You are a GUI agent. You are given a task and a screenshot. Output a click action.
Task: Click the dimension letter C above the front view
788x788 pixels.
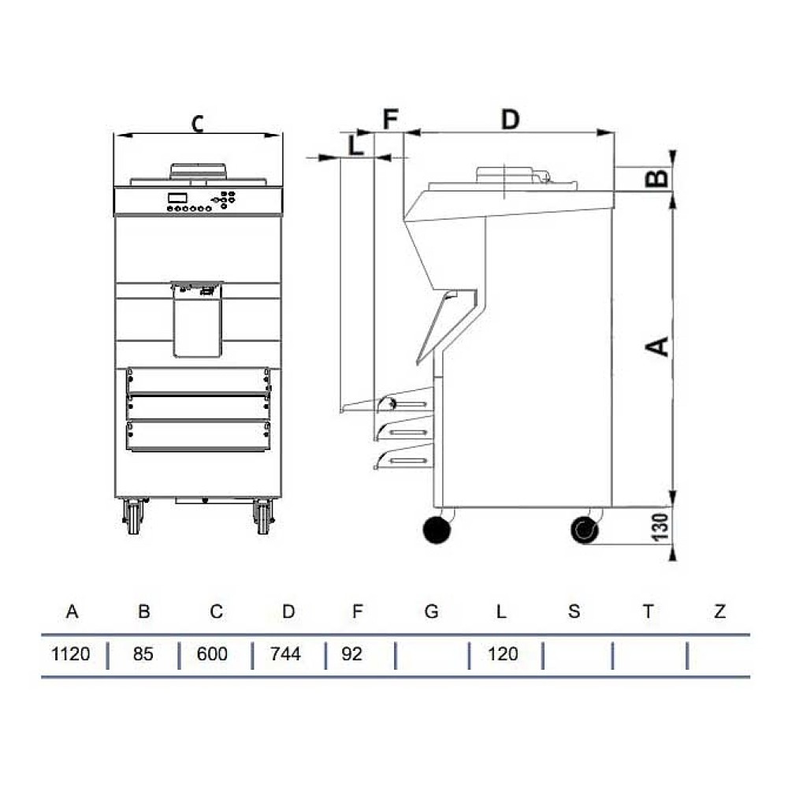click(x=198, y=124)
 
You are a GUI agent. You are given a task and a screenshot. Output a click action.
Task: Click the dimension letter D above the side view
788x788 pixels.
click(x=510, y=120)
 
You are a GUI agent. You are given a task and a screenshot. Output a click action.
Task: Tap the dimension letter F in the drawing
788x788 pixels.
click(x=391, y=119)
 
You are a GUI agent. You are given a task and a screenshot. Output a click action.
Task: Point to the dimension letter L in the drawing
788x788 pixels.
click(x=356, y=145)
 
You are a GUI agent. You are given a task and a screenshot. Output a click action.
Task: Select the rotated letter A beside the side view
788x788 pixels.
click(x=657, y=346)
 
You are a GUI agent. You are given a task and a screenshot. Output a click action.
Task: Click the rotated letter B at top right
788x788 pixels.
click(x=657, y=178)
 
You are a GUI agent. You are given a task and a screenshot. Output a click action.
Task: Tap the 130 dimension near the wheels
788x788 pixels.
click(x=660, y=527)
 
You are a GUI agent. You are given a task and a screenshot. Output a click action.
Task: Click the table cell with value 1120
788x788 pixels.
click(x=70, y=654)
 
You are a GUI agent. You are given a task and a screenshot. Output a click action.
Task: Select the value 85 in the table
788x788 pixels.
click(x=143, y=654)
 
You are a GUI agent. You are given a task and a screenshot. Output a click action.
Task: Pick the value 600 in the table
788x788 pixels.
click(x=212, y=654)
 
